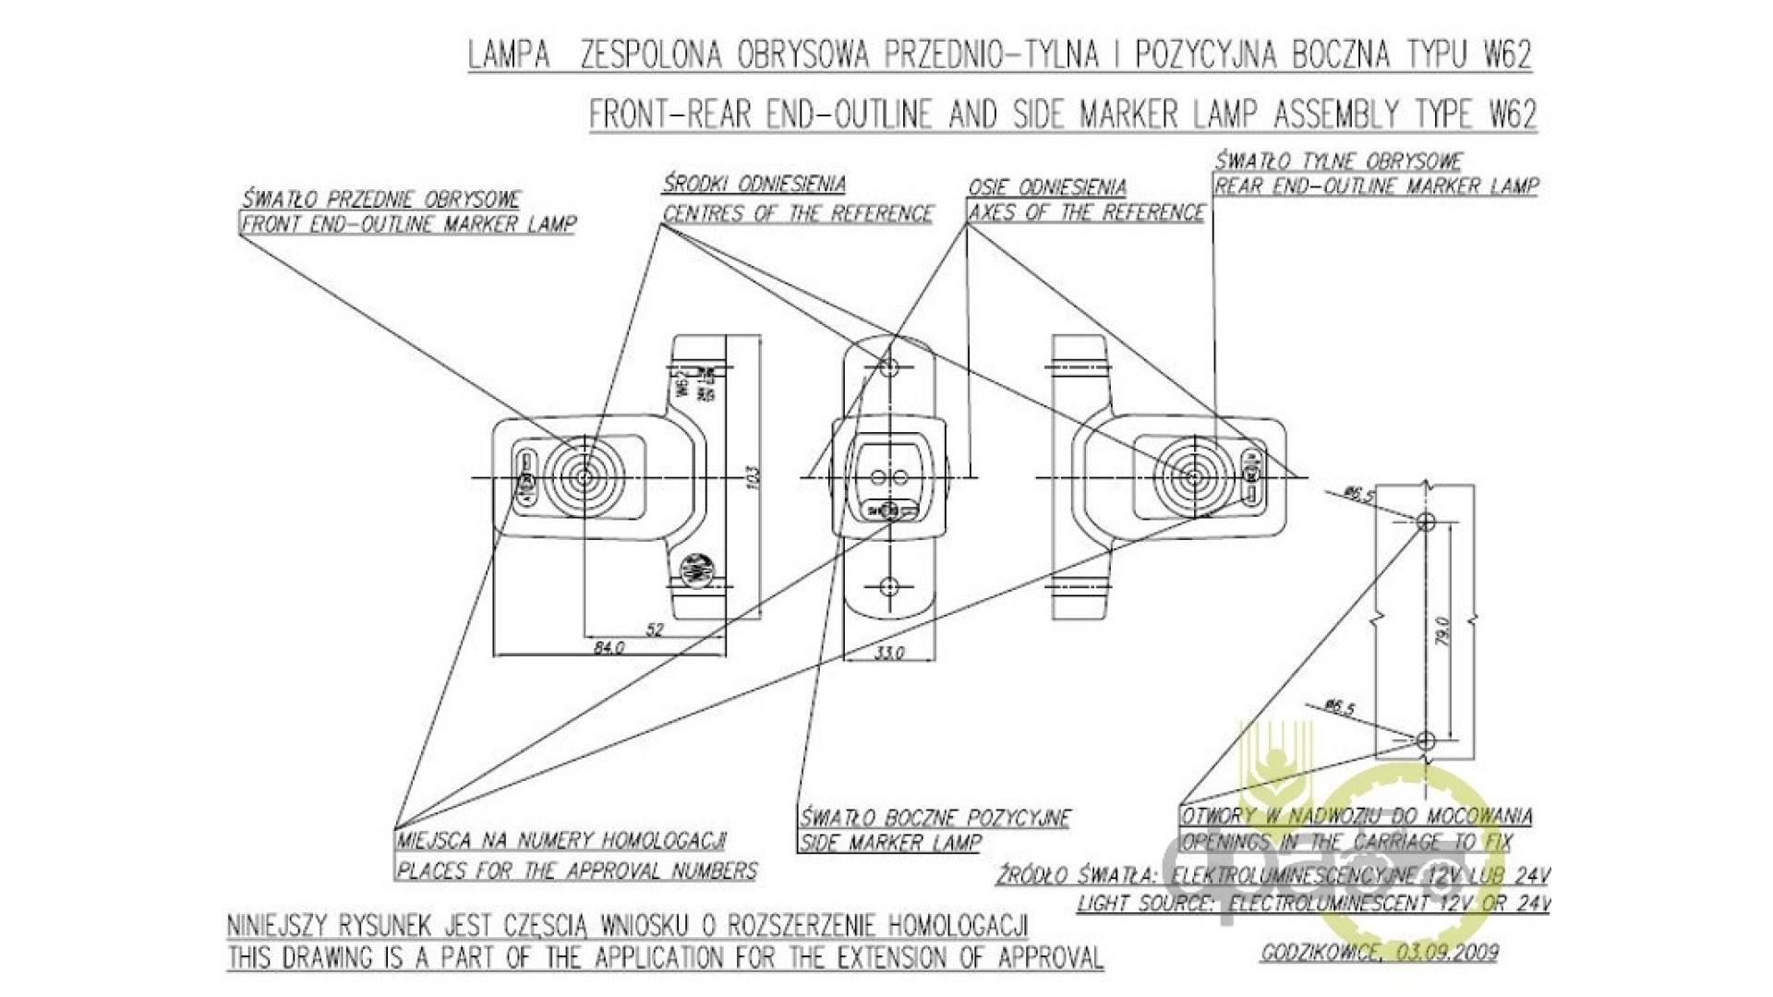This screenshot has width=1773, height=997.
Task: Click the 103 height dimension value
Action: [753, 477]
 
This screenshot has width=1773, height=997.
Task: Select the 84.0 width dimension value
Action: [609, 648]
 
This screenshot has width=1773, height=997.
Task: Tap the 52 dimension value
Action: [654, 630]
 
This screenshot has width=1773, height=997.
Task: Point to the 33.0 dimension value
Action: [889, 653]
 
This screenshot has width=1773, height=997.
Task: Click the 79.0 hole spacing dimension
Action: [1444, 631]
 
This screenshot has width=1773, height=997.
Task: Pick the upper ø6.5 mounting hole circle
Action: [1425, 523]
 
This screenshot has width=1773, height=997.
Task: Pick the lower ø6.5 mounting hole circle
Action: [1425, 740]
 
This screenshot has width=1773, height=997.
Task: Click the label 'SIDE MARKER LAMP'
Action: [890, 843]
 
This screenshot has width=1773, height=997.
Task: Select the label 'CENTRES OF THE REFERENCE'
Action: [798, 214]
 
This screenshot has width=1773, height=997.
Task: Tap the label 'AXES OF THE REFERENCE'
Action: [1086, 213]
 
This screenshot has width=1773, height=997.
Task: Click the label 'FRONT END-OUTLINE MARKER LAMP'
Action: [408, 224]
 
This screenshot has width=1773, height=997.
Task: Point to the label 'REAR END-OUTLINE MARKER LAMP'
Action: [1376, 186]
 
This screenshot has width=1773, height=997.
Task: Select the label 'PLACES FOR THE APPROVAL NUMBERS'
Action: [576, 871]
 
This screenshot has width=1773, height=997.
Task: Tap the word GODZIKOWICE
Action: [1321, 953]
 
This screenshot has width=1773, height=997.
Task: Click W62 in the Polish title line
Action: [1507, 55]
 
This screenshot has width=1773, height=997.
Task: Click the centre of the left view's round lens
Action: [585, 477]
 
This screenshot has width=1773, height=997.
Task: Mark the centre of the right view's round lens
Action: [1192, 478]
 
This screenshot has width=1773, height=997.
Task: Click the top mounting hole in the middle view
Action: [889, 366]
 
